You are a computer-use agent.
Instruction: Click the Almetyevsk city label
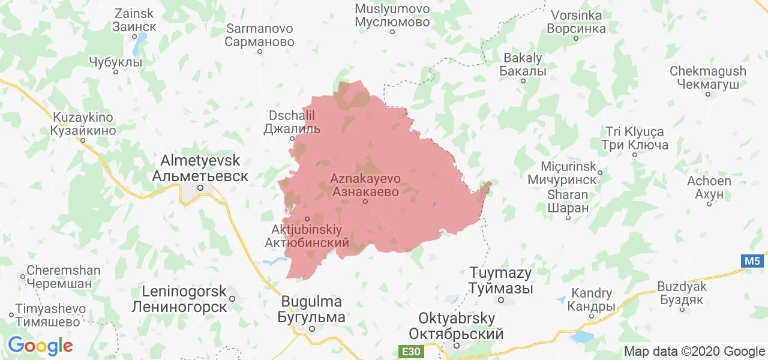click(200, 169)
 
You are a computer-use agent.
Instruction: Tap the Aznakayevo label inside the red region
click(365, 185)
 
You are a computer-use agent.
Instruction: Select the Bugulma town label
click(311, 309)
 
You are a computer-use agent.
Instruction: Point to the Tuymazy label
click(500, 280)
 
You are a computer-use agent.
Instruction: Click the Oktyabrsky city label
click(457, 326)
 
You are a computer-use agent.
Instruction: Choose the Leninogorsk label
click(185, 299)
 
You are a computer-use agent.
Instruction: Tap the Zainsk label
click(134, 20)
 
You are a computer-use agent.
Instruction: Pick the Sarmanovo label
click(259, 35)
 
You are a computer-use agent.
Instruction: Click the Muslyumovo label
click(392, 16)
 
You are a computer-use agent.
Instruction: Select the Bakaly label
click(523, 65)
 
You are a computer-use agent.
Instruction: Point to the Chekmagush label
click(708, 77)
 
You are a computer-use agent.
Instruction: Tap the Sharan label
click(568, 202)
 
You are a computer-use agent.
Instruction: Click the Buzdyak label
click(682, 293)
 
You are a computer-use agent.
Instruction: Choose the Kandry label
click(592, 300)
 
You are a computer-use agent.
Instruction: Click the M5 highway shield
click(752, 261)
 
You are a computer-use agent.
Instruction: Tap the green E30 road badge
click(411, 351)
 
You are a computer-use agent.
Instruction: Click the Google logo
click(40, 346)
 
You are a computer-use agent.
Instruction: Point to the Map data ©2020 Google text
click(694, 352)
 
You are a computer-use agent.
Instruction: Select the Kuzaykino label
click(83, 124)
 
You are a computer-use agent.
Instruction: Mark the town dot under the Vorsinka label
click(576, 38)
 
